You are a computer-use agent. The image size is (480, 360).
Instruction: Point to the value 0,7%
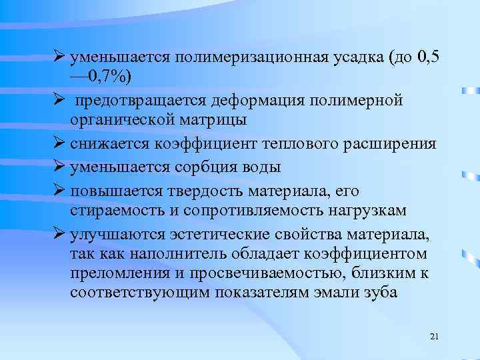coord(107,78)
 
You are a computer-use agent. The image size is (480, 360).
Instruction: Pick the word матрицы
coord(211,120)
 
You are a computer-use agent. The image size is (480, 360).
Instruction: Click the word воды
coord(261,167)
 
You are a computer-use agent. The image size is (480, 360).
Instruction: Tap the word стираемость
coord(111,211)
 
